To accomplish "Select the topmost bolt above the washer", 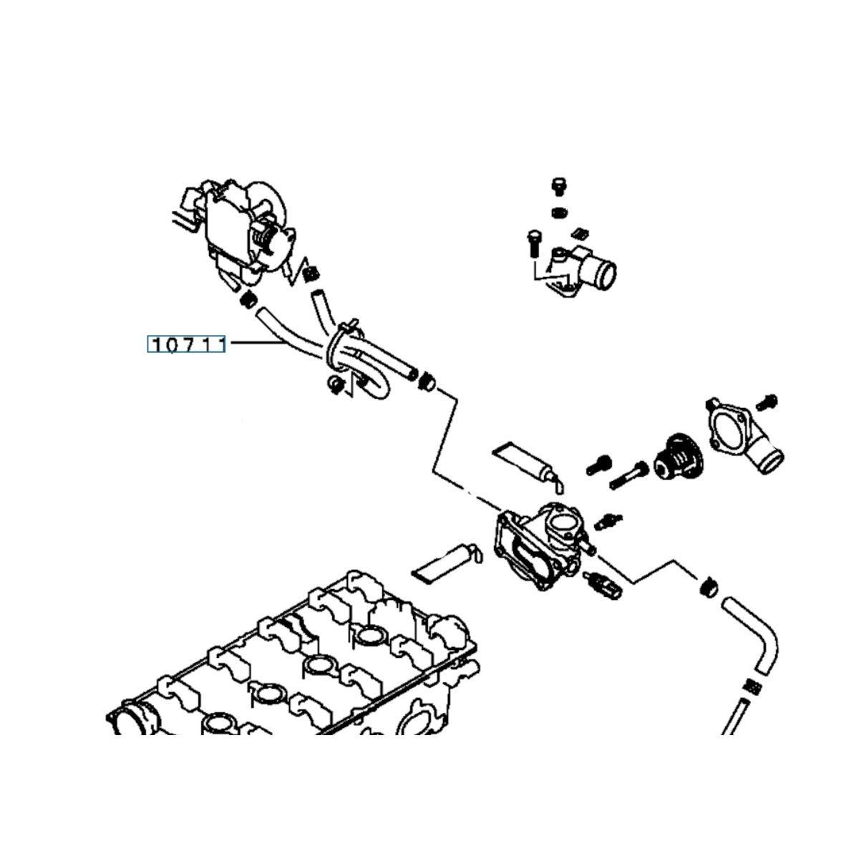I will tap(559, 185).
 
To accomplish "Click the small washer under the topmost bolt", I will tap(559, 213).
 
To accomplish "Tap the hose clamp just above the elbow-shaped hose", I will tap(708, 588).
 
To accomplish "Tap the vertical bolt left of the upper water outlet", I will tap(533, 246).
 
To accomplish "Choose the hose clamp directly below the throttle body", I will tap(248, 301).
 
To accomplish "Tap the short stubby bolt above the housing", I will tap(598, 467).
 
